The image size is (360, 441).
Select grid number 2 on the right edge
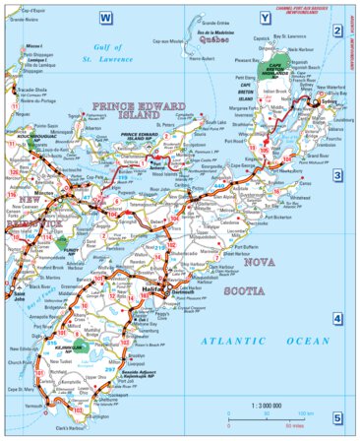pyautogui.click(x=336, y=31)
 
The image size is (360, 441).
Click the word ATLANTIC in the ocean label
pyautogui.click(x=224, y=340)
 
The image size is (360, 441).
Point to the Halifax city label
pyautogui.click(x=153, y=288)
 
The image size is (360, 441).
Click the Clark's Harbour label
pyautogui.click(x=72, y=433)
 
